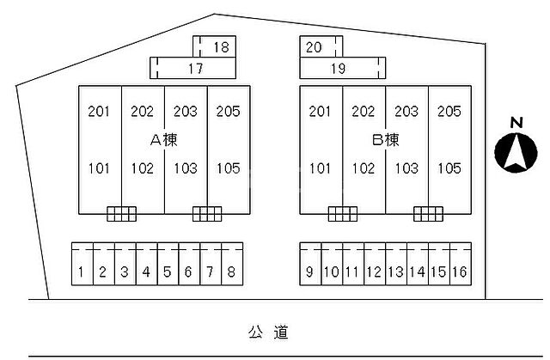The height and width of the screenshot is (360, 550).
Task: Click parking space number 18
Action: click(x=214, y=46)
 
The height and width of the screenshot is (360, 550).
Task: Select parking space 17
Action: click(x=192, y=68)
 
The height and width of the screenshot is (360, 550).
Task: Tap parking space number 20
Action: click(x=321, y=46)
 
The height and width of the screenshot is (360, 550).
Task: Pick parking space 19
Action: click(x=342, y=68)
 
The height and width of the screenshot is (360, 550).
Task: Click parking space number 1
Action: click(x=82, y=264)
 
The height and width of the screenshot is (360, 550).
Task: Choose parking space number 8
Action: click(x=232, y=264)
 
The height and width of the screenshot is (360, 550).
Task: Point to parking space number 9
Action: click(x=310, y=264)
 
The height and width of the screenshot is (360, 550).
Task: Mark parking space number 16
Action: click(x=461, y=264)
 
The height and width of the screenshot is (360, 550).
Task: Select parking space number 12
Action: click(x=375, y=264)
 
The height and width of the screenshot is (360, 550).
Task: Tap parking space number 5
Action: click(x=168, y=264)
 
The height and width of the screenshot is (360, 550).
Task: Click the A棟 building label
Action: click(x=164, y=140)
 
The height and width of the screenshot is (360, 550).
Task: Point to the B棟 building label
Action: click(x=385, y=140)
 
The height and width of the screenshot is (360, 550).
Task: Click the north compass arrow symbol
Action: click(x=516, y=152)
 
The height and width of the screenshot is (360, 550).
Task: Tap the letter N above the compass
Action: click(x=516, y=123)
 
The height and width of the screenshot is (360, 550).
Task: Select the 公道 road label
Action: click(x=268, y=333)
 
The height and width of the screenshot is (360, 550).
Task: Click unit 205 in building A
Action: click(x=228, y=112)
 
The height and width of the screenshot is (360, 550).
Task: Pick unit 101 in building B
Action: click(x=320, y=168)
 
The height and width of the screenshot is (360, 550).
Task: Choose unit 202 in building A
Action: click(x=142, y=112)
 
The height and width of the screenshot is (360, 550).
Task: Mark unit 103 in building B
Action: click(x=406, y=168)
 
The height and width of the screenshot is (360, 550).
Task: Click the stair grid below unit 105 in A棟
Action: click(x=207, y=214)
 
